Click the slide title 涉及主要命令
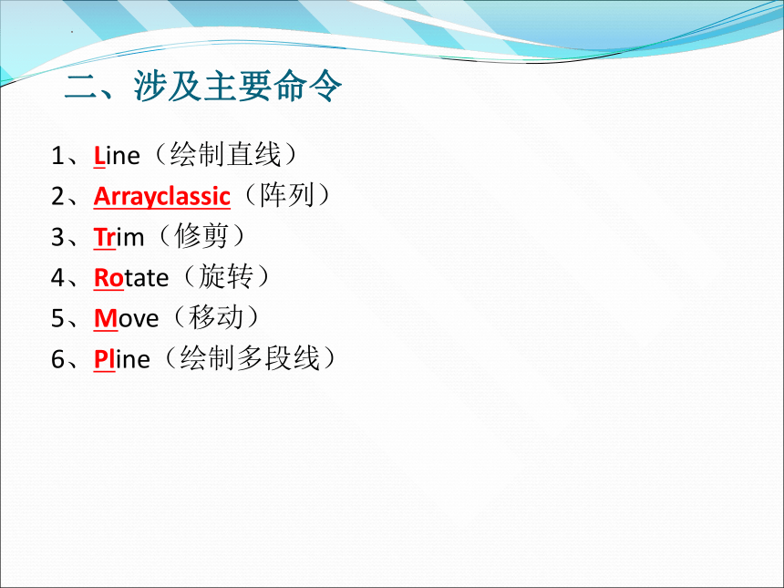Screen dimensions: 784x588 (238, 86)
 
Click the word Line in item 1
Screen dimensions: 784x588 (117, 156)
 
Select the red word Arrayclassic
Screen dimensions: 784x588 (162, 197)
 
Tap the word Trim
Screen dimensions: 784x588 (119, 237)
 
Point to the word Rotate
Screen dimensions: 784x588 (131, 278)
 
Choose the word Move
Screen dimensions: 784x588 (127, 318)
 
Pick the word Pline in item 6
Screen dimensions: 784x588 (122, 359)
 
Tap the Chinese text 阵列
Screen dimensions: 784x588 (286, 195)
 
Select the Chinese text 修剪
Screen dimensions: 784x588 (201, 236)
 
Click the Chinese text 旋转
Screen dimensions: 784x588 (226, 276)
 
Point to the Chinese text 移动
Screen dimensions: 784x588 (215, 317)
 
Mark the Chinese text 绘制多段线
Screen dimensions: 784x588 (250, 358)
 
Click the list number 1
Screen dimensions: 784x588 (57, 156)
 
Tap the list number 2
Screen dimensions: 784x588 (57, 197)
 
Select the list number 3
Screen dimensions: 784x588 (57, 238)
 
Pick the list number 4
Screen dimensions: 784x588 (57, 278)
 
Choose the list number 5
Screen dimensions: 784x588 (57, 319)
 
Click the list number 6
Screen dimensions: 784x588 (57, 359)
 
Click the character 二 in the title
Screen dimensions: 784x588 (81, 86)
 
